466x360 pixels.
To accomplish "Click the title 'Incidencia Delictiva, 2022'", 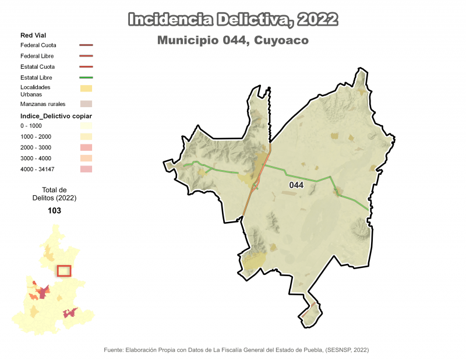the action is (x=232, y=19).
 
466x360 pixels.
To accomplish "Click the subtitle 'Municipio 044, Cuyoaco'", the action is (x=232, y=41).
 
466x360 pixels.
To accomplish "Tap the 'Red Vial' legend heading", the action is (x=33, y=36).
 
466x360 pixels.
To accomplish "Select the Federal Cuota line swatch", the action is (x=86, y=45).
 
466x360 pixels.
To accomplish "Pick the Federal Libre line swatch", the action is (x=86, y=56).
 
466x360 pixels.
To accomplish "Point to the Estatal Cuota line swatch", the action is (x=86, y=67).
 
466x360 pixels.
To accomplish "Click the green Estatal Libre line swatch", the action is (x=86, y=77).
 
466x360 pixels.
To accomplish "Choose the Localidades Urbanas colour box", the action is (x=86, y=89).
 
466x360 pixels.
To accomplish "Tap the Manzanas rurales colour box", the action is (x=86, y=104).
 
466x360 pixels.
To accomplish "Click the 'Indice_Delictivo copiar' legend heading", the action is (x=56, y=116).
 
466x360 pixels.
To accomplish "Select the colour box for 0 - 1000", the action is (x=86, y=126).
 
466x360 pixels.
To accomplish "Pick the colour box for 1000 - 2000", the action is (x=86, y=136).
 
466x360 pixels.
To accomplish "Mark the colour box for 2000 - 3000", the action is (x=86, y=147).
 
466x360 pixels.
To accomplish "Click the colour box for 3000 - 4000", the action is (x=86, y=158).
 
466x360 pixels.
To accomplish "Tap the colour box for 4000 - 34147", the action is (x=86, y=169).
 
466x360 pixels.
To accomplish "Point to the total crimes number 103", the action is (x=55, y=211).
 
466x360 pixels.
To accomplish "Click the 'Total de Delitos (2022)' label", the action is (x=55, y=194).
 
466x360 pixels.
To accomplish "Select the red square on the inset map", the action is (x=64, y=271).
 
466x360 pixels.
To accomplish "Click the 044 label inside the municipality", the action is (x=296, y=185).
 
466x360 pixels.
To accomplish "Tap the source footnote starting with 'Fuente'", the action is (x=236, y=350).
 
